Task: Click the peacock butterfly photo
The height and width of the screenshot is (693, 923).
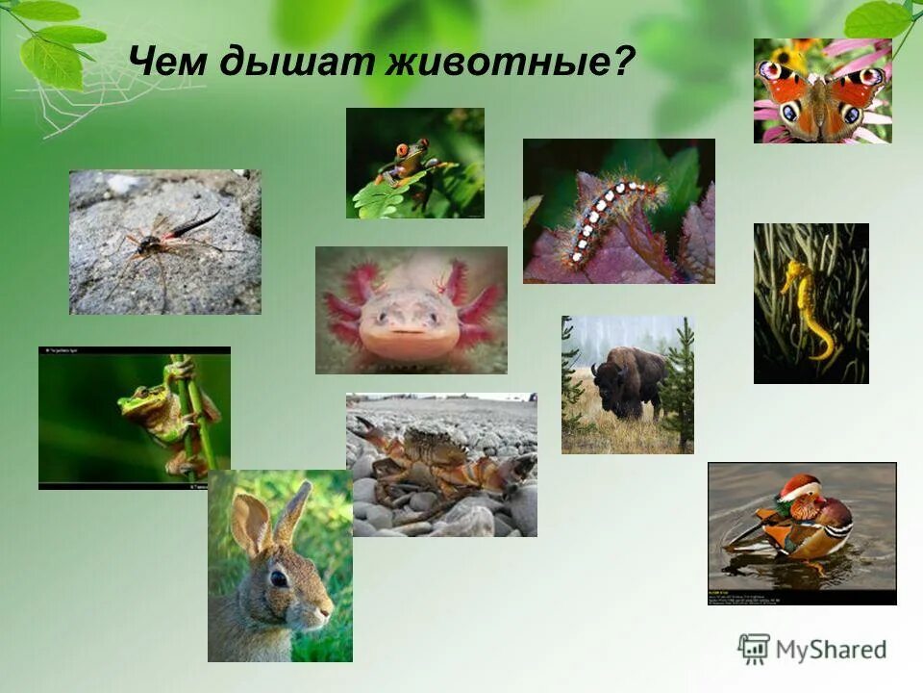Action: pyautogui.click(x=822, y=91)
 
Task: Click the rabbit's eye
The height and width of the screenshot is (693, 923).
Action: pyautogui.click(x=279, y=578)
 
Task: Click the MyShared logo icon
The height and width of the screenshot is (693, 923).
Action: pyautogui.click(x=754, y=650)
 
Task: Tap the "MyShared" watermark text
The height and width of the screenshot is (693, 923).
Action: pyautogui.click(x=831, y=651)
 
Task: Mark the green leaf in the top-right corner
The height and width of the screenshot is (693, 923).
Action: pyautogui.click(x=877, y=19)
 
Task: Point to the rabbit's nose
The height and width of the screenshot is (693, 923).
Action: pyautogui.click(x=327, y=609)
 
